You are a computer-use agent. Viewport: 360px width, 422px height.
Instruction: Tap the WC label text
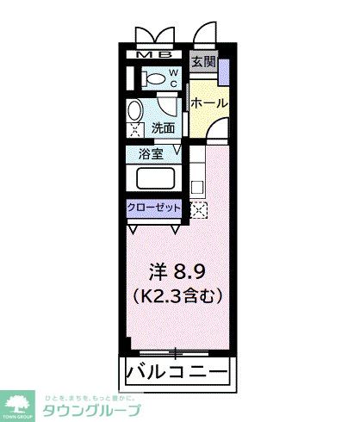point(172,78)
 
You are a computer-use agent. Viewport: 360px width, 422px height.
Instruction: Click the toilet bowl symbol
point(155,78)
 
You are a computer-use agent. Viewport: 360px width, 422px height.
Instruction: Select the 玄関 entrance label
point(204,62)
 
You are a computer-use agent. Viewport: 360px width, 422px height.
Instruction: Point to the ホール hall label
point(209,102)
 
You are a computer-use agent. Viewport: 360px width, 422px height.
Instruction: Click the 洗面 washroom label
point(164,128)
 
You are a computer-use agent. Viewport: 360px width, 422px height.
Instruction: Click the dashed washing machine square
point(135,132)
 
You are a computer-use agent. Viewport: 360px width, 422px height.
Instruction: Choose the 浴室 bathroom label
point(152,155)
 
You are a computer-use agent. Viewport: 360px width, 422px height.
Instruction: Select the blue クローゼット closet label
point(154,208)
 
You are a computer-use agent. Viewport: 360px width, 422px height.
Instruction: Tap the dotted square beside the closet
point(199,209)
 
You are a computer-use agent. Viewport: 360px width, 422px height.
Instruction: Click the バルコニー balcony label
point(177,374)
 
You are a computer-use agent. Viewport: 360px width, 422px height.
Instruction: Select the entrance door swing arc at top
point(205,34)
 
